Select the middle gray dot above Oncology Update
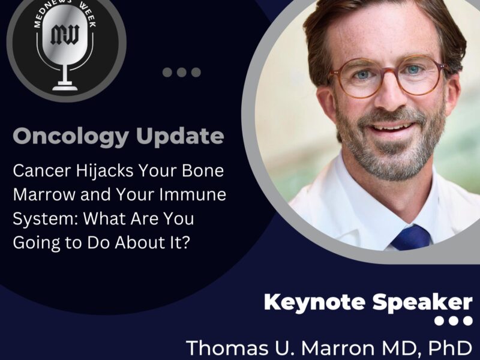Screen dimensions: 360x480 [182, 73]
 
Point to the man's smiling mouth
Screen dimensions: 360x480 [393, 128]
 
